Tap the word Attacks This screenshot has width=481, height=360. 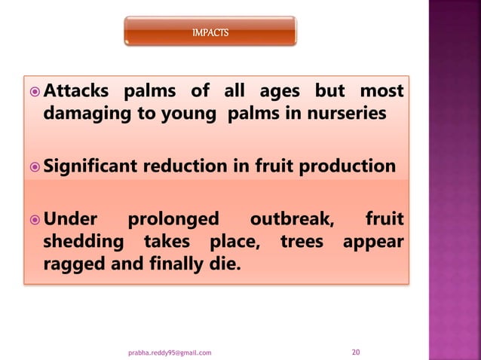pos(75,92)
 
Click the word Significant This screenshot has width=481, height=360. pos(93,166)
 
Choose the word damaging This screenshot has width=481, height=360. pos(85,113)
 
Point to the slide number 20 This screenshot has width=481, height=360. pos(357,351)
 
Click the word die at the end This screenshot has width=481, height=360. pos(222,265)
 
